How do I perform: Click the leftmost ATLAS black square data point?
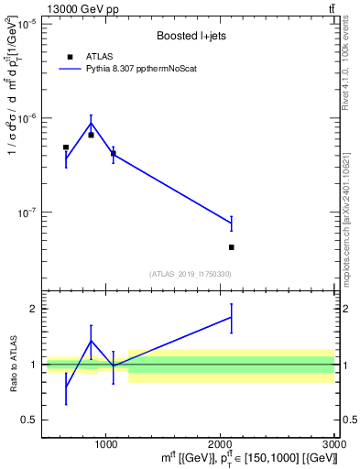coord(66,147)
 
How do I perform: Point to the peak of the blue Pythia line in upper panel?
coord(91,123)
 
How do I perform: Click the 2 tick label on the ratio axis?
coord(31,309)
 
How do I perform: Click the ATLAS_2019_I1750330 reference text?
coord(190,274)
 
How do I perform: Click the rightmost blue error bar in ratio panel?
coord(232,318)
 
